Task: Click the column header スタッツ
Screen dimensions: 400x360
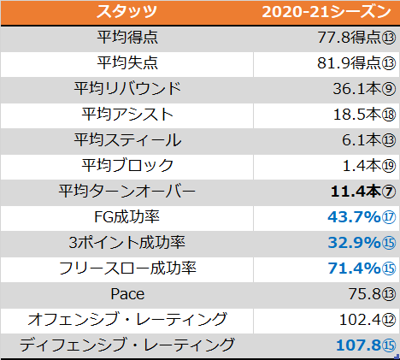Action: pyautogui.click(x=126, y=12)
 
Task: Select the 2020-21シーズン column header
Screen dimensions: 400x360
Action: pyautogui.click(x=326, y=12)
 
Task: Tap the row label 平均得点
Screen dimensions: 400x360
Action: pyautogui.click(x=127, y=38)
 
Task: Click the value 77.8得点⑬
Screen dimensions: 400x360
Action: pyautogui.click(x=356, y=38)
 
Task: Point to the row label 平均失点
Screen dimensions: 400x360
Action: pyautogui.click(x=127, y=62)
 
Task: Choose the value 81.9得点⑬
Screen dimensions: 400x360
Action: pyautogui.click(x=356, y=63)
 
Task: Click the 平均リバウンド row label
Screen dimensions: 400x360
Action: pyautogui.click(x=127, y=88)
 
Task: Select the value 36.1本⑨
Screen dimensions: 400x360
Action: pyautogui.click(x=364, y=89)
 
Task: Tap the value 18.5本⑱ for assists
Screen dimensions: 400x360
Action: pyautogui.click(x=364, y=115)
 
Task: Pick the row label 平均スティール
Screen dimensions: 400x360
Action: pyautogui.click(x=127, y=139)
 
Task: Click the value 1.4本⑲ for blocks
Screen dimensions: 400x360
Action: pyautogui.click(x=369, y=166)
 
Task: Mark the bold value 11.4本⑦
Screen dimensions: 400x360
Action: pyautogui.click(x=363, y=192)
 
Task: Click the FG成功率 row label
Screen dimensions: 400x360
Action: pyautogui.click(x=126, y=217)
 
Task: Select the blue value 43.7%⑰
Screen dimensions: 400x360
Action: pyautogui.click(x=362, y=217)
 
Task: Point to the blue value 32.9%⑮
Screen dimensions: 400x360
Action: pyautogui.click(x=362, y=243)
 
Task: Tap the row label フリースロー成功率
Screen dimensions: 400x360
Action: pyautogui.click(x=127, y=269)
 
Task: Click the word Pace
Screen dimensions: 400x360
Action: pyautogui.click(x=127, y=294)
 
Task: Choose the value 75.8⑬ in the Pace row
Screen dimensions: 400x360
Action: pyautogui.click(x=372, y=294)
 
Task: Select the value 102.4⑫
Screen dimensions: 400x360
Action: pyautogui.click(x=368, y=320)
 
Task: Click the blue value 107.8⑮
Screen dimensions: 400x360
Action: pyautogui.click(x=366, y=345)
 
